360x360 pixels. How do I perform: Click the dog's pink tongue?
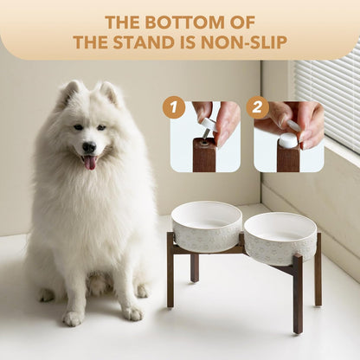[x=90, y=162]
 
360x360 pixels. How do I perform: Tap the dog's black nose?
[x=88, y=145]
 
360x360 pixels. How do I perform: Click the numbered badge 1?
[x=174, y=108]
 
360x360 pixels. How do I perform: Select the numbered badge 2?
[x=257, y=108]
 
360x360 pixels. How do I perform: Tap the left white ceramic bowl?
[x=207, y=225]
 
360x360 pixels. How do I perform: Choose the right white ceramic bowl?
[x=280, y=237]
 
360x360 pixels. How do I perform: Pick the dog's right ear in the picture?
[x=111, y=92]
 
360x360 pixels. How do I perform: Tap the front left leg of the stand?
[x=170, y=281]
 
